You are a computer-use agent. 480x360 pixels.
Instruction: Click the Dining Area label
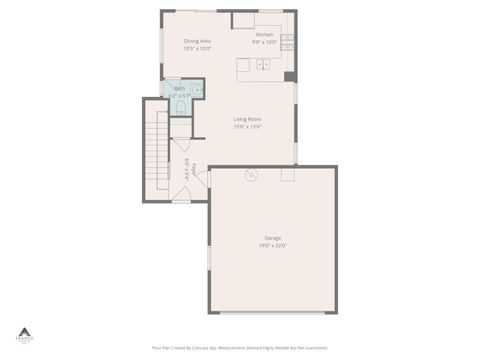click(x=196, y=41)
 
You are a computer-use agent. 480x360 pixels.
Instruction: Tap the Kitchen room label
click(x=264, y=35)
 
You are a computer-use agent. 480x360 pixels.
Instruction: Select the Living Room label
click(x=247, y=120)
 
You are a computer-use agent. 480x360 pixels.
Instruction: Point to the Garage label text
click(x=273, y=237)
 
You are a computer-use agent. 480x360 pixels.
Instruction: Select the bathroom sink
click(x=197, y=89)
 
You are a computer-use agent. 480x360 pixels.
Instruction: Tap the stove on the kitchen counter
click(x=288, y=42)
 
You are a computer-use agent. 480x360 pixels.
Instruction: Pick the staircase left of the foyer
click(x=158, y=150)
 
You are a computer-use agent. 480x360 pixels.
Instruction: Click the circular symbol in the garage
click(x=252, y=175)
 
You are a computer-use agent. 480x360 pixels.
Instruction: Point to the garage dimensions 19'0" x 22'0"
click(x=273, y=245)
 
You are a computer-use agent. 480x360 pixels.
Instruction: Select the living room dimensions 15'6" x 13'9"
click(x=247, y=127)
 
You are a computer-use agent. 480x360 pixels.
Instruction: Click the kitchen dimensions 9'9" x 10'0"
click(x=264, y=42)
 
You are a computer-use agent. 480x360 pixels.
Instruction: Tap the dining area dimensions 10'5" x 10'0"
click(x=196, y=48)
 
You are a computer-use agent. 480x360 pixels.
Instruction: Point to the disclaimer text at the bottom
click(x=240, y=348)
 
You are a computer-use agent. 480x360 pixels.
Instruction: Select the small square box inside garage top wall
click(x=288, y=174)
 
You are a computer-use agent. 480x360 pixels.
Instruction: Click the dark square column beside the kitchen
click(x=290, y=76)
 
